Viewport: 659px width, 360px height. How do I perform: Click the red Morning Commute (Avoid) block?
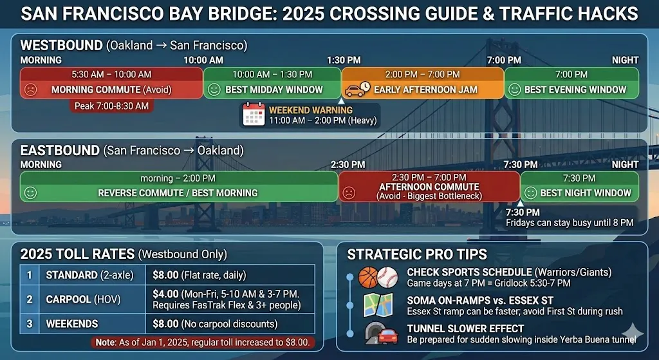pos(111,83)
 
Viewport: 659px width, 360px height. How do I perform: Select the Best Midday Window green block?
pos(272,83)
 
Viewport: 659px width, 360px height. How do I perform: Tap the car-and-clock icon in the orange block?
pos(357,89)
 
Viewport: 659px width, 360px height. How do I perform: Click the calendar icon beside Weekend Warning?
pos(254,115)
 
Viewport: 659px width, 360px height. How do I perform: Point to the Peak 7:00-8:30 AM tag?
pos(111,106)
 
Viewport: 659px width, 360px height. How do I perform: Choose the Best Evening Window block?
pos(571,83)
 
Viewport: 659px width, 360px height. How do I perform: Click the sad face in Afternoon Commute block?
pos(348,193)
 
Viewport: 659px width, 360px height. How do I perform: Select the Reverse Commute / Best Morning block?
pos(179,187)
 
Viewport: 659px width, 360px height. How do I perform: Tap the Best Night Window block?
pos(580,187)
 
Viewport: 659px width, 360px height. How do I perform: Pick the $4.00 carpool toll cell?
pos(230,299)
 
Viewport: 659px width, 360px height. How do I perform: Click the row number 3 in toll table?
pos(30,324)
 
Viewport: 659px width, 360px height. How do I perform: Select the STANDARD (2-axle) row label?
pos(89,275)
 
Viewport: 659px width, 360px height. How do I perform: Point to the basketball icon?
pos(369,278)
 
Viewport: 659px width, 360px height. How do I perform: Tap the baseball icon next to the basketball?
pos(387,278)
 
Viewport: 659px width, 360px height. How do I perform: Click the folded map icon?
pos(378,305)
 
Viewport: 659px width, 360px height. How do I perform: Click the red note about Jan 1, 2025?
pos(203,343)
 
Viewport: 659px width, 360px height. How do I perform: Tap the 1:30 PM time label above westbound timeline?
pos(344,60)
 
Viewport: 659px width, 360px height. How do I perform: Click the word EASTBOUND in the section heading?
pos(60,150)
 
